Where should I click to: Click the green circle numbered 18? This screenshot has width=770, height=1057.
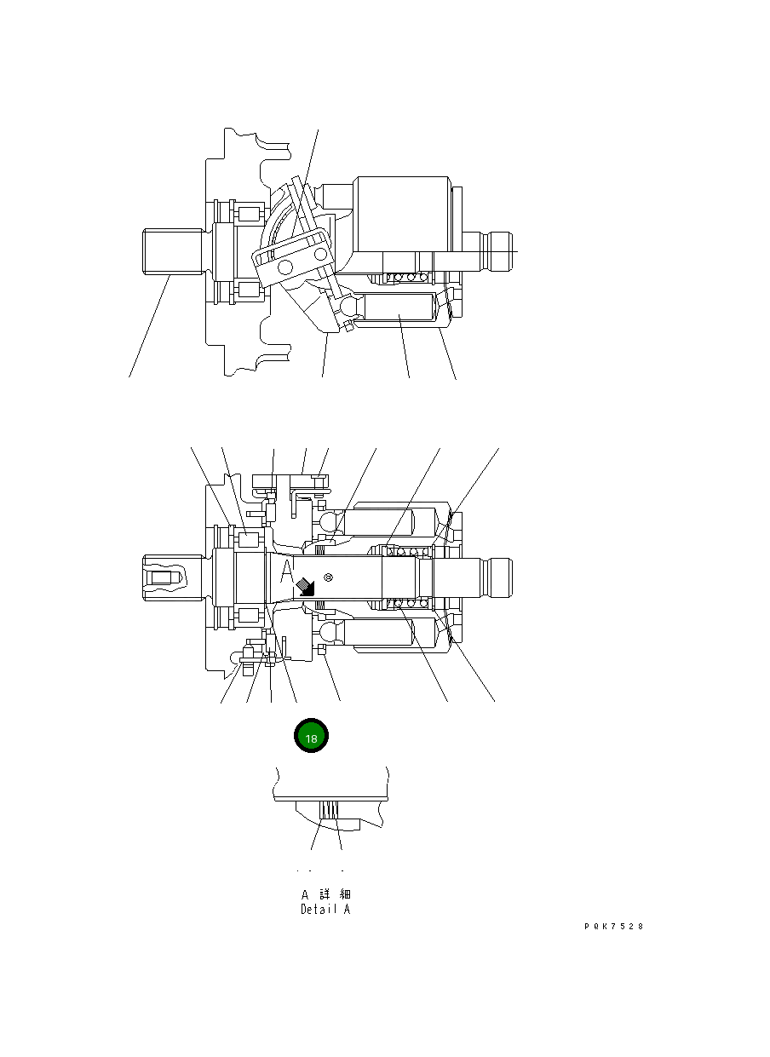coord(311,738)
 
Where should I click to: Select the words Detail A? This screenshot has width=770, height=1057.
coord(325,910)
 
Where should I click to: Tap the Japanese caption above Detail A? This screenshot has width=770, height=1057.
coord(325,894)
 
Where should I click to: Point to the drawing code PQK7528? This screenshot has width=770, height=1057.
coord(613,927)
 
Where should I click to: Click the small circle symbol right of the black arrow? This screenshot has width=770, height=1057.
coord(328,577)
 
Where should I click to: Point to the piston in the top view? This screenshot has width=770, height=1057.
coord(399,310)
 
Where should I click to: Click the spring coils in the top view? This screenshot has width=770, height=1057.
coord(404,278)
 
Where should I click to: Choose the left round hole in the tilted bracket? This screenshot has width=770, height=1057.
coord(284,269)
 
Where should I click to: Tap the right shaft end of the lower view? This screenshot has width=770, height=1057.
coord(498,577)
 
